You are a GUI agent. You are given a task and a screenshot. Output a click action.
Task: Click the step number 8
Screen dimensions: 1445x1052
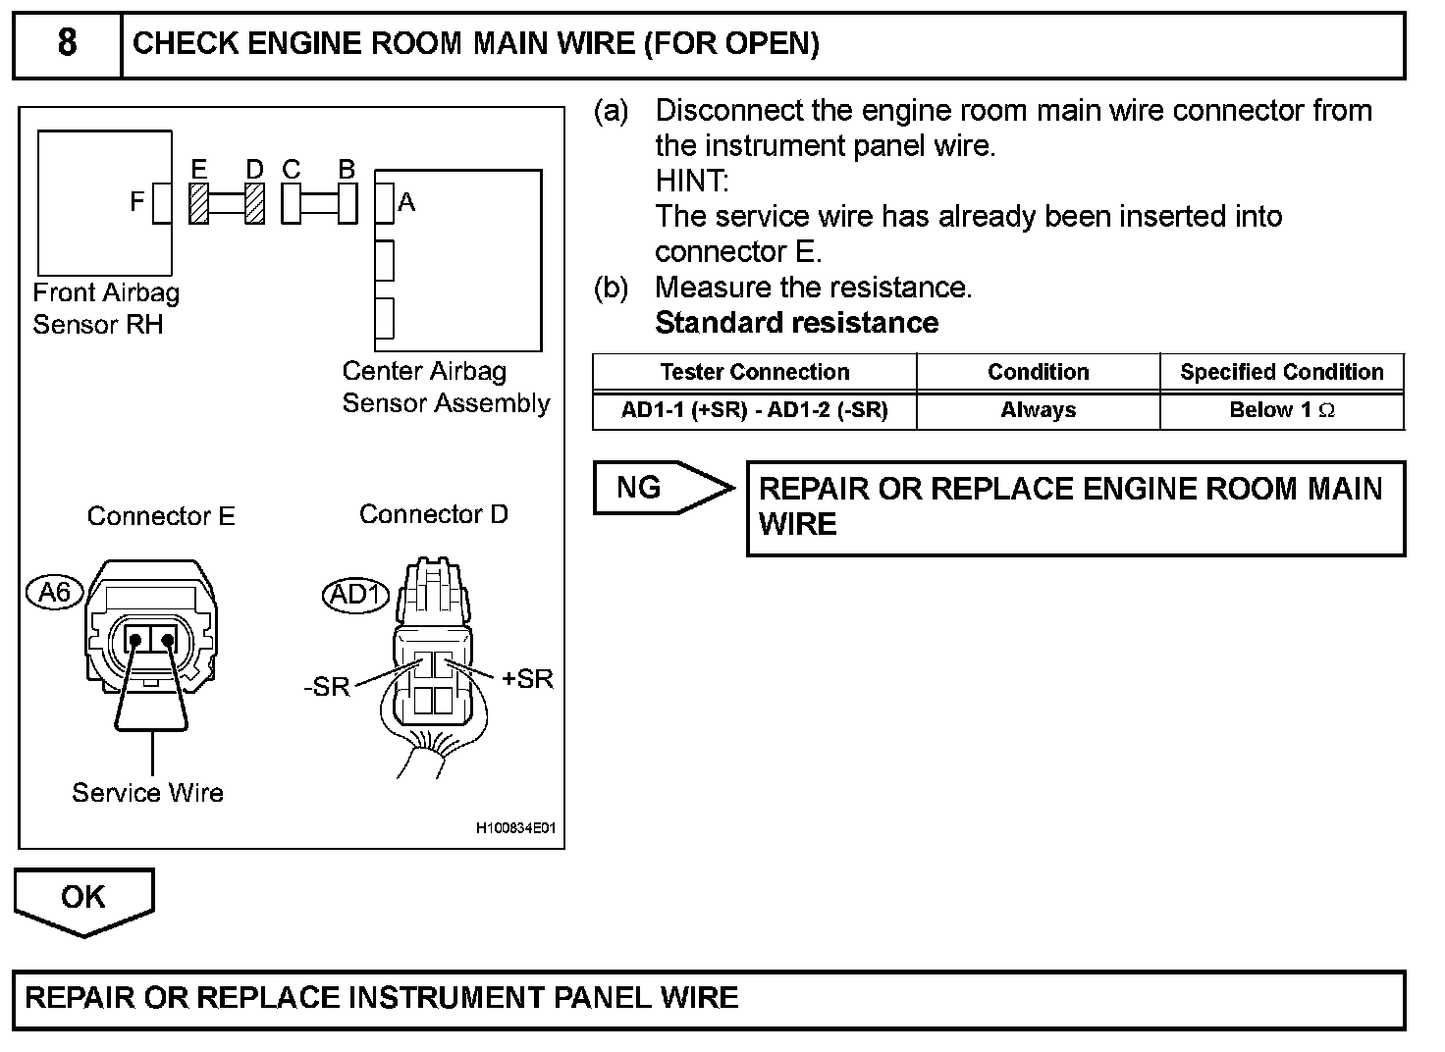67,42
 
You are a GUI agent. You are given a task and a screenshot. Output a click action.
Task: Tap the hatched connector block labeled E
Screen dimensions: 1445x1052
198,204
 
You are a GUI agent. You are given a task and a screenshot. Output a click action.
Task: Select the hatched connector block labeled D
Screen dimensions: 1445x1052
255,204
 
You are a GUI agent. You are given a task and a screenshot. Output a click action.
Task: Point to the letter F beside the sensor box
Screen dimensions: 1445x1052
136,201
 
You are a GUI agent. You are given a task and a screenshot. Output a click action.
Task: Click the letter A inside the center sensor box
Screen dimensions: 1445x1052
406,202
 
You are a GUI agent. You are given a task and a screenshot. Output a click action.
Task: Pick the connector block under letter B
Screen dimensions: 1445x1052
348,204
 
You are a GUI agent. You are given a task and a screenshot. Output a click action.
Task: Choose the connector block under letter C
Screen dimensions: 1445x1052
291,204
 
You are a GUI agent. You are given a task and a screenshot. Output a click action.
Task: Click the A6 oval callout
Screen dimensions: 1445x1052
55,592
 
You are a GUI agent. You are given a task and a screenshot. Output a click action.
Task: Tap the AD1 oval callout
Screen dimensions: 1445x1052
355,595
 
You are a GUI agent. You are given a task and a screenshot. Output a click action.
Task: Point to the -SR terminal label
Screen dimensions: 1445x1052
327,686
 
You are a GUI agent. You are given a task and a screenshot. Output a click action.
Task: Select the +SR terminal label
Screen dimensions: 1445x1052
528,678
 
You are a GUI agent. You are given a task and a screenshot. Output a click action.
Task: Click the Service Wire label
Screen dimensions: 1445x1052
147,793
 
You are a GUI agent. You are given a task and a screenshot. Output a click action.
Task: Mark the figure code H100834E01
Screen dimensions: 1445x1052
515,827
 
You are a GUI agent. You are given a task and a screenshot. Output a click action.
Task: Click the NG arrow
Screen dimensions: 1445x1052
665,488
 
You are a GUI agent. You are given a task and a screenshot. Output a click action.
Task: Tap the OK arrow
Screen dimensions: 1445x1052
83,903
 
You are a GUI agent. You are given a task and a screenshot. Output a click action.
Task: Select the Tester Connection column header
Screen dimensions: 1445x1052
755,372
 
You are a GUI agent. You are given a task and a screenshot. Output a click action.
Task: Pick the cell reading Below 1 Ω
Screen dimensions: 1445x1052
1282,409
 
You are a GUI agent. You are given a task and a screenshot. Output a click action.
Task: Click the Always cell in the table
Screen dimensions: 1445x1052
1039,409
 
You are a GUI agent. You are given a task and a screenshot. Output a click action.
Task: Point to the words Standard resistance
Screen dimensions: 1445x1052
797,323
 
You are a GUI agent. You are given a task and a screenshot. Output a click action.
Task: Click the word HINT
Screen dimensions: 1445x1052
692,181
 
